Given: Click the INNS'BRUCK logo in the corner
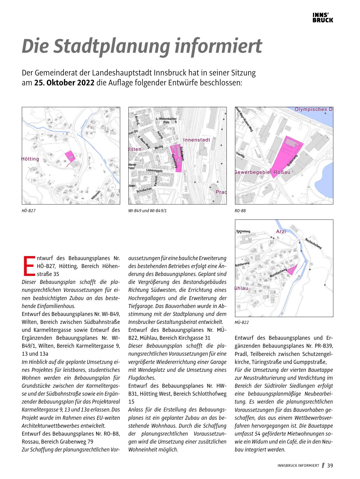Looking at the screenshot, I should click(x=323, y=18).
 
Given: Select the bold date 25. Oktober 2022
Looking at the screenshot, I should click(x=64, y=83).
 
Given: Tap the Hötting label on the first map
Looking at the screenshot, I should click(x=30, y=159).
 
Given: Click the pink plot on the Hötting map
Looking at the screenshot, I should click(x=70, y=156).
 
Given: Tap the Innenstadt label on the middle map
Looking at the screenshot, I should click(x=196, y=140).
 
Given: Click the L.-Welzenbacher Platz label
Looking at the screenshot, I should click(x=166, y=120).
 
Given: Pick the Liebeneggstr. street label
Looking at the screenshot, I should click(x=154, y=170).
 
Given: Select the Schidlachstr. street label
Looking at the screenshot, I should click(x=145, y=190).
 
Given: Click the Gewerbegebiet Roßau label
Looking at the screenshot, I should click(x=262, y=172).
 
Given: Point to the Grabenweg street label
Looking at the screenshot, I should click(x=292, y=161).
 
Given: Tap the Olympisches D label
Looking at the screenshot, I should click(x=314, y=109).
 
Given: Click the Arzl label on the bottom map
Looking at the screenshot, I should click(x=281, y=231).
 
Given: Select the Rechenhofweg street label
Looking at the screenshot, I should click(x=313, y=244).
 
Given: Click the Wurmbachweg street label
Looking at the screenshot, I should click(x=278, y=273).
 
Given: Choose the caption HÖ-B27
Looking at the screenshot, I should click(x=29, y=211).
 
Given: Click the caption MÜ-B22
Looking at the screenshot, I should click(x=242, y=322).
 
